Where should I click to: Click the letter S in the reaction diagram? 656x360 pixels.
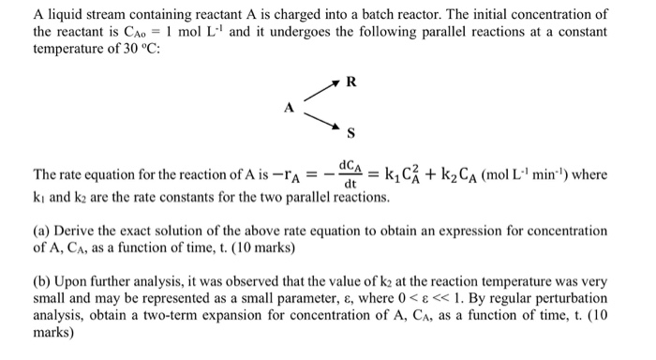[x=350, y=130]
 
